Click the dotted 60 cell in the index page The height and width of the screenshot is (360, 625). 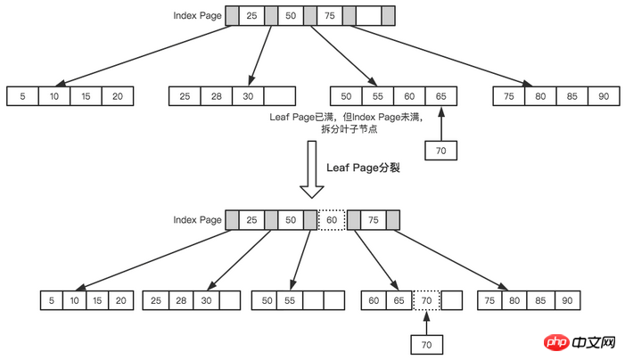tap(331, 219)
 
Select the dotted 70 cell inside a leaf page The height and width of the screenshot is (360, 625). tap(427, 301)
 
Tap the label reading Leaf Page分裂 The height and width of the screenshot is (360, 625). tap(364, 167)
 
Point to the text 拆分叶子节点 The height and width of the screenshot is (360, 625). tap(351, 130)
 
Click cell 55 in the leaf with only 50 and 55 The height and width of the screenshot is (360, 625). tap(290, 301)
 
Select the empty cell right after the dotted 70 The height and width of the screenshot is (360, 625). tap(452, 301)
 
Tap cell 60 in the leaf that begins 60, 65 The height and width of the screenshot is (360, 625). tap(374, 301)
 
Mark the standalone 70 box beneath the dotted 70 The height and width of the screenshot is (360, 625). tap(427, 344)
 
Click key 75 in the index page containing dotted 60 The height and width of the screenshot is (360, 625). tap(373, 219)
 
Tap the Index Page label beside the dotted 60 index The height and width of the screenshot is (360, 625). tap(197, 219)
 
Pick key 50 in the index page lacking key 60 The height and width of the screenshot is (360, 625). tap(292, 16)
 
